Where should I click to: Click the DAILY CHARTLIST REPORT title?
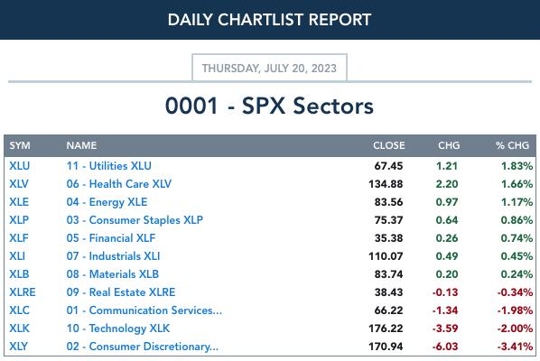(x=269, y=20)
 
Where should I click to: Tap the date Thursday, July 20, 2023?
(x=269, y=69)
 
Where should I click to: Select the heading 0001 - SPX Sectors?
(x=269, y=106)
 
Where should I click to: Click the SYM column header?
(x=20, y=145)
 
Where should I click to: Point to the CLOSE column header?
(x=389, y=145)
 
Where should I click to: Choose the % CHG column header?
(x=512, y=145)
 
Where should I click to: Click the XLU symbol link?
(x=20, y=166)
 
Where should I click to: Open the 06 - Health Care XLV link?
(x=119, y=184)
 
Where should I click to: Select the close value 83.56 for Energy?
(x=388, y=202)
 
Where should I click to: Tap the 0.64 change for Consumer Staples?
(x=447, y=220)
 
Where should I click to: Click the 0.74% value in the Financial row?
(x=517, y=238)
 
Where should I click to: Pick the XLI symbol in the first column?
(x=17, y=256)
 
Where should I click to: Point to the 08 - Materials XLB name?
(x=113, y=274)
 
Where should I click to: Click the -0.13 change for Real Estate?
(x=445, y=292)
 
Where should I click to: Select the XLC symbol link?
(x=19, y=310)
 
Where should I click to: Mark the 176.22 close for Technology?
(x=386, y=329)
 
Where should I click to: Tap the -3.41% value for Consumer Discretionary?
(x=515, y=347)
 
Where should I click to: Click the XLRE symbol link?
(x=23, y=292)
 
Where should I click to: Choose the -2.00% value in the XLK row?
(x=515, y=329)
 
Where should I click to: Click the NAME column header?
(x=81, y=145)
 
